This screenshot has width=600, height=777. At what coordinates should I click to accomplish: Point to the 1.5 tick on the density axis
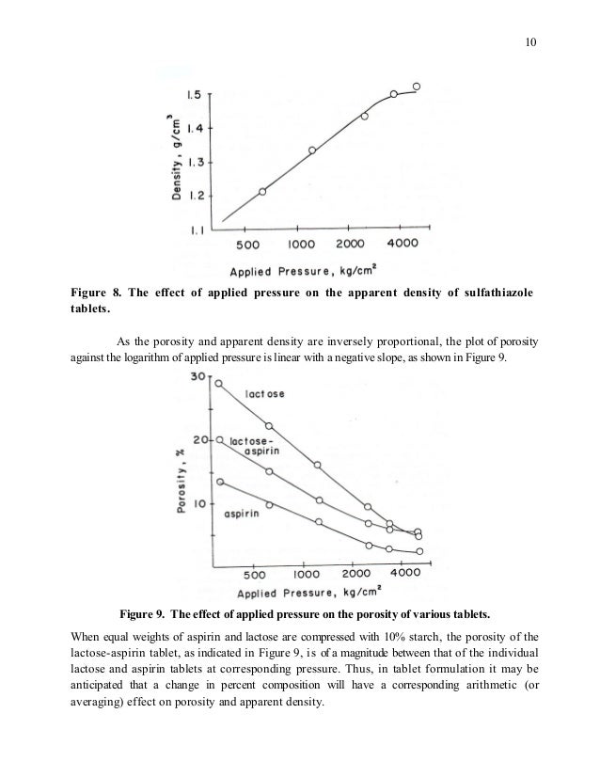[x=196, y=94]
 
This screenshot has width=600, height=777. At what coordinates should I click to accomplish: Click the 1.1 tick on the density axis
[x=196, y=230]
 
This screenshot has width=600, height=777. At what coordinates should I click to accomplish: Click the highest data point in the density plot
[x=418, y=86]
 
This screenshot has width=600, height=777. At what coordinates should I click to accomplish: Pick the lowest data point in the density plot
[x=262, y=191]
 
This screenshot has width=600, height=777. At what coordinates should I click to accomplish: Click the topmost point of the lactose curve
[x=220, y=383]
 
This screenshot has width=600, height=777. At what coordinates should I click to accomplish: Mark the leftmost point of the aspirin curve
[x=220, y=482]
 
